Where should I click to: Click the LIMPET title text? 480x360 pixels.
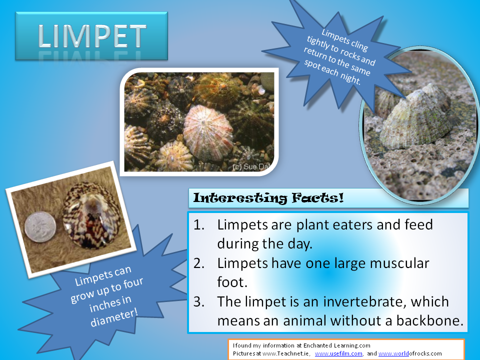click(92, 36)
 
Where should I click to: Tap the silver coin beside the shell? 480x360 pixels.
click(40, 227)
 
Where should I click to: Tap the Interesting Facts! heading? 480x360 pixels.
click(268, 198)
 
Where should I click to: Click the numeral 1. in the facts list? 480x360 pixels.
click(199, 225)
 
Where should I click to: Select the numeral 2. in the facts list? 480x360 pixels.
click(199, 263)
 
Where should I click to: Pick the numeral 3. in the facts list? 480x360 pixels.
click(199, 302)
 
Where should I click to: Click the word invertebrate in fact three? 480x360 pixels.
click(364, 302)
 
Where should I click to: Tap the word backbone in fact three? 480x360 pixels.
click(430, 321)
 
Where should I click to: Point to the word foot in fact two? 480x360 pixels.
click(232, 282)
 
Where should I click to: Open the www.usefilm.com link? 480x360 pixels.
click(338, 353)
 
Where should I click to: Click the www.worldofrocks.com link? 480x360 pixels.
click(410, 353)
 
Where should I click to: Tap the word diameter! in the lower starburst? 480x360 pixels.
click(114, 317)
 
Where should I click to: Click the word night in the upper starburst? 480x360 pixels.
click(350, 78)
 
